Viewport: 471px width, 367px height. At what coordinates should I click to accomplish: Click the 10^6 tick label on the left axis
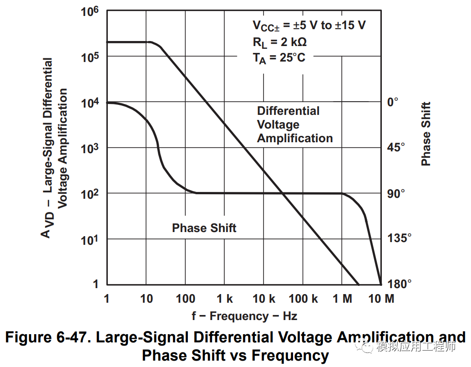(x=90, y=12)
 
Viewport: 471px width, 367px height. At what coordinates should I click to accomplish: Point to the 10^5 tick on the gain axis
(x=90, y=57)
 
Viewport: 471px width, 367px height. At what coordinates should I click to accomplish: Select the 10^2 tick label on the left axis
(x=90, y=194)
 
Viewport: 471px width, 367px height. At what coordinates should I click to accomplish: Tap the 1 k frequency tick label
(x=225, y=299)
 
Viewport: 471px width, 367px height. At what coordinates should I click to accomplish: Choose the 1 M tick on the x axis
(x=342, y=299)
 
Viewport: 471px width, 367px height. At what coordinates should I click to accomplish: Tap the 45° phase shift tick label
(x=395, y=147)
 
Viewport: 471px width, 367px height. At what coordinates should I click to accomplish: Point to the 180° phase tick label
(x=399, y=284)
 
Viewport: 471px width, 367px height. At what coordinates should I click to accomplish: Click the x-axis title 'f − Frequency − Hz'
(x=245, y=316)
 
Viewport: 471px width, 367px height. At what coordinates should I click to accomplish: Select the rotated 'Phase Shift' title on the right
(x=426, y=134)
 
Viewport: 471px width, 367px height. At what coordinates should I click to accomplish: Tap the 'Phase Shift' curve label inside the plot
(x=204, y=228)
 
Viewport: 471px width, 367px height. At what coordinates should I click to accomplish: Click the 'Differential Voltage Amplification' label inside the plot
(x=294, y=124)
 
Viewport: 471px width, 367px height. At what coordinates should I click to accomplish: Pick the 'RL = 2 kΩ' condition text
(x=279, y=43)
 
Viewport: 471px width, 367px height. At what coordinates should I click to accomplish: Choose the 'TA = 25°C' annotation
(x=279, y=58)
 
